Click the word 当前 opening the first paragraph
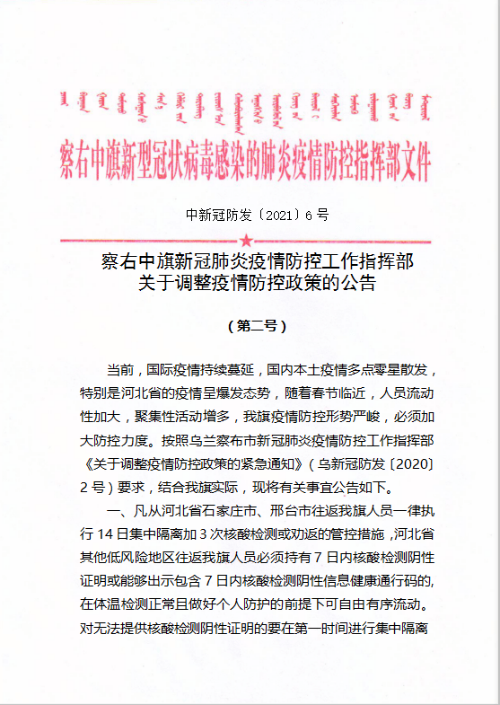click(119, 370)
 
